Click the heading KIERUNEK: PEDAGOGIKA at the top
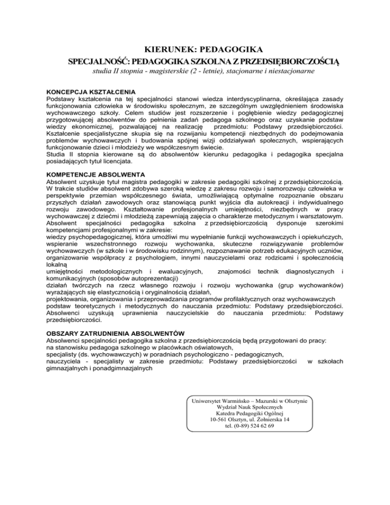pos(195,50)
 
